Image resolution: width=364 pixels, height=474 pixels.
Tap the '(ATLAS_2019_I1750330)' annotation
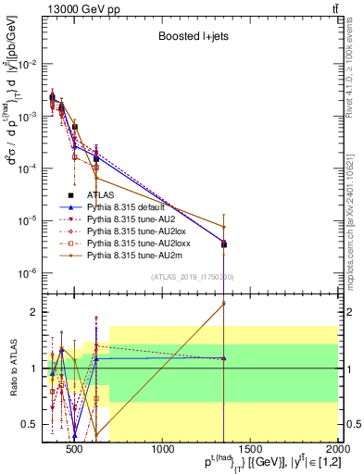[x=191, y=277]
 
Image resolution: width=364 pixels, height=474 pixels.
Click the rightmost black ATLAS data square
[x=224, y=244]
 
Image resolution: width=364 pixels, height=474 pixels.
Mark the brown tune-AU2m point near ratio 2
[x=224, y=303]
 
